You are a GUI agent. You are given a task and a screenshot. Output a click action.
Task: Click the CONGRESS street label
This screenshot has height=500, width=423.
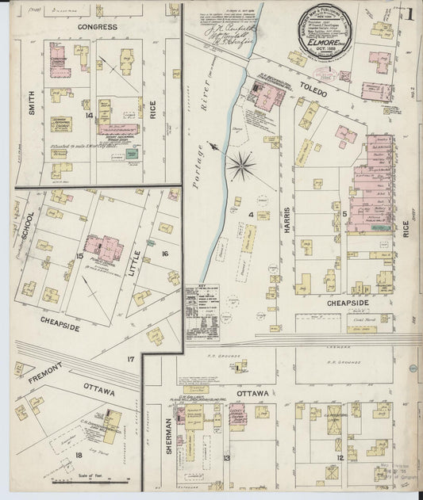coord(98,27)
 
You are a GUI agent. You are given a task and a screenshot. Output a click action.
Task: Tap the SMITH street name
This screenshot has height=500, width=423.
coord(32,103)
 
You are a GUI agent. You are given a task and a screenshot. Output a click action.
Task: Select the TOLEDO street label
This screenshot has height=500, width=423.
coord(313,92)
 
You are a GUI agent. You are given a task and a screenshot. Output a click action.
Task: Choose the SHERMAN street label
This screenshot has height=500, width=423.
coord(169,434)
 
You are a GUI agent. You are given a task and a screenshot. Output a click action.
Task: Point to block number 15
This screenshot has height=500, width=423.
coord(79,255)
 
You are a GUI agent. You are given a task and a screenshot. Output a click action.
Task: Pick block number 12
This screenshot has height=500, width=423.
coord(340,458)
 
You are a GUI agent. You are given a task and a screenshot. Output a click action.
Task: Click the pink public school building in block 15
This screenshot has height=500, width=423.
coord(103,249)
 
